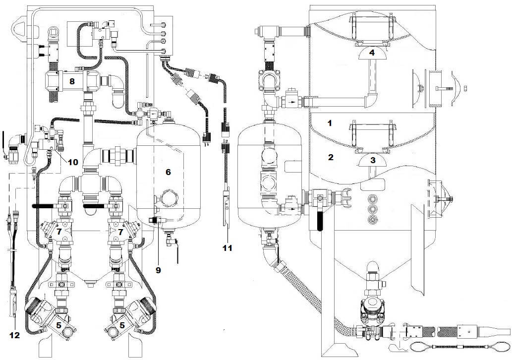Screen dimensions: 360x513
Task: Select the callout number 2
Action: [330, 158]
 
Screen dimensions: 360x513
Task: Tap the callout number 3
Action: [373, 160]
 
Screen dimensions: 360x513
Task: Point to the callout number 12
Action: [15, 335]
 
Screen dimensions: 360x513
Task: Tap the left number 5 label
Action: [59, 325]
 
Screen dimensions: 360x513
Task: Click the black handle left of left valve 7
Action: [44, 205]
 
